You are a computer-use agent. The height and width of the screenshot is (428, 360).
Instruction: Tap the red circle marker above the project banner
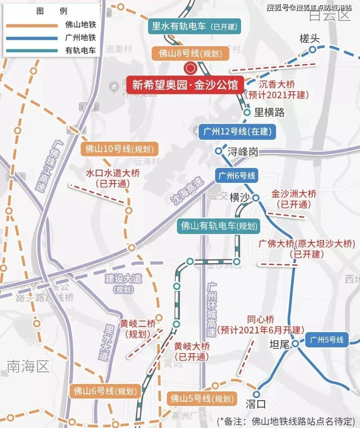(191, 68)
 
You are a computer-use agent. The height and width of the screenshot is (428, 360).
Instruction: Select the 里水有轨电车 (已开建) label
(194, 26)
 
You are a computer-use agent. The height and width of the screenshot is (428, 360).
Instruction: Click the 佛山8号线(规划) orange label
(190, 53)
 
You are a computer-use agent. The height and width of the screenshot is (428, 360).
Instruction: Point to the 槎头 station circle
(312, 50)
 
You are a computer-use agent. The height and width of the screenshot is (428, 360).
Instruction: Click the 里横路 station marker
(247, 112)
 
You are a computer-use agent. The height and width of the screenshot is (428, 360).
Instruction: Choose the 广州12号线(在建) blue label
(237, 132)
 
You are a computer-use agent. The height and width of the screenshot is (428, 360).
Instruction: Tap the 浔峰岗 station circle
(218, 151)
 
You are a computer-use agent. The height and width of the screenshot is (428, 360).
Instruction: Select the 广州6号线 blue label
(237, 175)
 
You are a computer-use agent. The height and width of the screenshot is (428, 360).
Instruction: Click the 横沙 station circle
(256, 198)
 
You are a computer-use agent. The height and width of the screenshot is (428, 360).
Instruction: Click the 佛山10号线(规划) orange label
(119, 149)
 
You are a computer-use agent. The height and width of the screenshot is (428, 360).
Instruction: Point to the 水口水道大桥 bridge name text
(113, 173)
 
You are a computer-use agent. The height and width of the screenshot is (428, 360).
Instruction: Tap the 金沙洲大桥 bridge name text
(294, 194)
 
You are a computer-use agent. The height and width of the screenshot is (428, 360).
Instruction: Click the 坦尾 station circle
(295, 343)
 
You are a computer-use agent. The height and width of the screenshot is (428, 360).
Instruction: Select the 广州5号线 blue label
(326, 340)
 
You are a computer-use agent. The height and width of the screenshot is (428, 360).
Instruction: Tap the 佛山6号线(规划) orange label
(105, 391)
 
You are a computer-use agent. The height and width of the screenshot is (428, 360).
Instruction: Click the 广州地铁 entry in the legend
(80, 38)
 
